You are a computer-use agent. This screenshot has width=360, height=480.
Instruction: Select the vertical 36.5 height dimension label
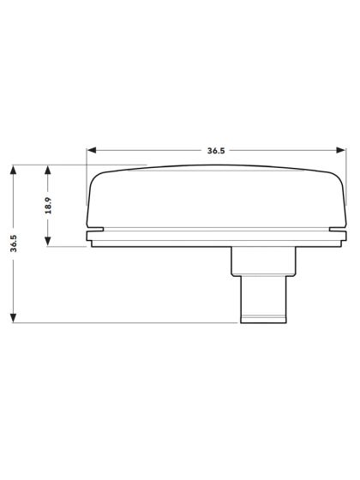(15, 243)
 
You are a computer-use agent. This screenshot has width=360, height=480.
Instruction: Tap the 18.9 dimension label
(49, 207)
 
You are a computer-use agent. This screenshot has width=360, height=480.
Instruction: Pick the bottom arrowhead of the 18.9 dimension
(49, 244)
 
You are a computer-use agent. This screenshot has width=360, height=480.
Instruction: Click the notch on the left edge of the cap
(95, 230)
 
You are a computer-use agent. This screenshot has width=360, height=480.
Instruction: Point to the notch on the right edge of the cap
(335, 230)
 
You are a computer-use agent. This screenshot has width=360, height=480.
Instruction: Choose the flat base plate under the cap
(214, 242)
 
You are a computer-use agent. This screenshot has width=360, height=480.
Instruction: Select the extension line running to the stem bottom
(129, 323)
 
